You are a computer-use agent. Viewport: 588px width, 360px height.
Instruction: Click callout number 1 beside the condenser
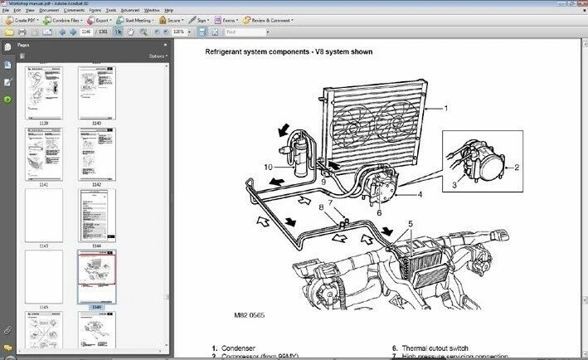(445, 108)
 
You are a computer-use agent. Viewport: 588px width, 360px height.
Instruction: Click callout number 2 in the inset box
(516, 167)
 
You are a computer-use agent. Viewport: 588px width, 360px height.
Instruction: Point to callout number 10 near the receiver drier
(268, 167)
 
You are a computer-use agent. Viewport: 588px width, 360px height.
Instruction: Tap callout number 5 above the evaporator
(409, 223)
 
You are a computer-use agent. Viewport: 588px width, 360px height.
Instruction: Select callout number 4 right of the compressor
(420, 195)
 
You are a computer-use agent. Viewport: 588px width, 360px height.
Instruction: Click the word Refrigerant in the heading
(230, 51)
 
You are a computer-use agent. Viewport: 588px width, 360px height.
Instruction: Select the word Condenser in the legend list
(241, 348)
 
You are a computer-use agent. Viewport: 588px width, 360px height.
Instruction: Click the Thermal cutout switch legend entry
(442, 348)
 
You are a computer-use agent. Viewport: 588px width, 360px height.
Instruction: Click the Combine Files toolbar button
(62, 19)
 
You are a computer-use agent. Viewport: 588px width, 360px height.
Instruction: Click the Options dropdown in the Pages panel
(158, 56)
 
